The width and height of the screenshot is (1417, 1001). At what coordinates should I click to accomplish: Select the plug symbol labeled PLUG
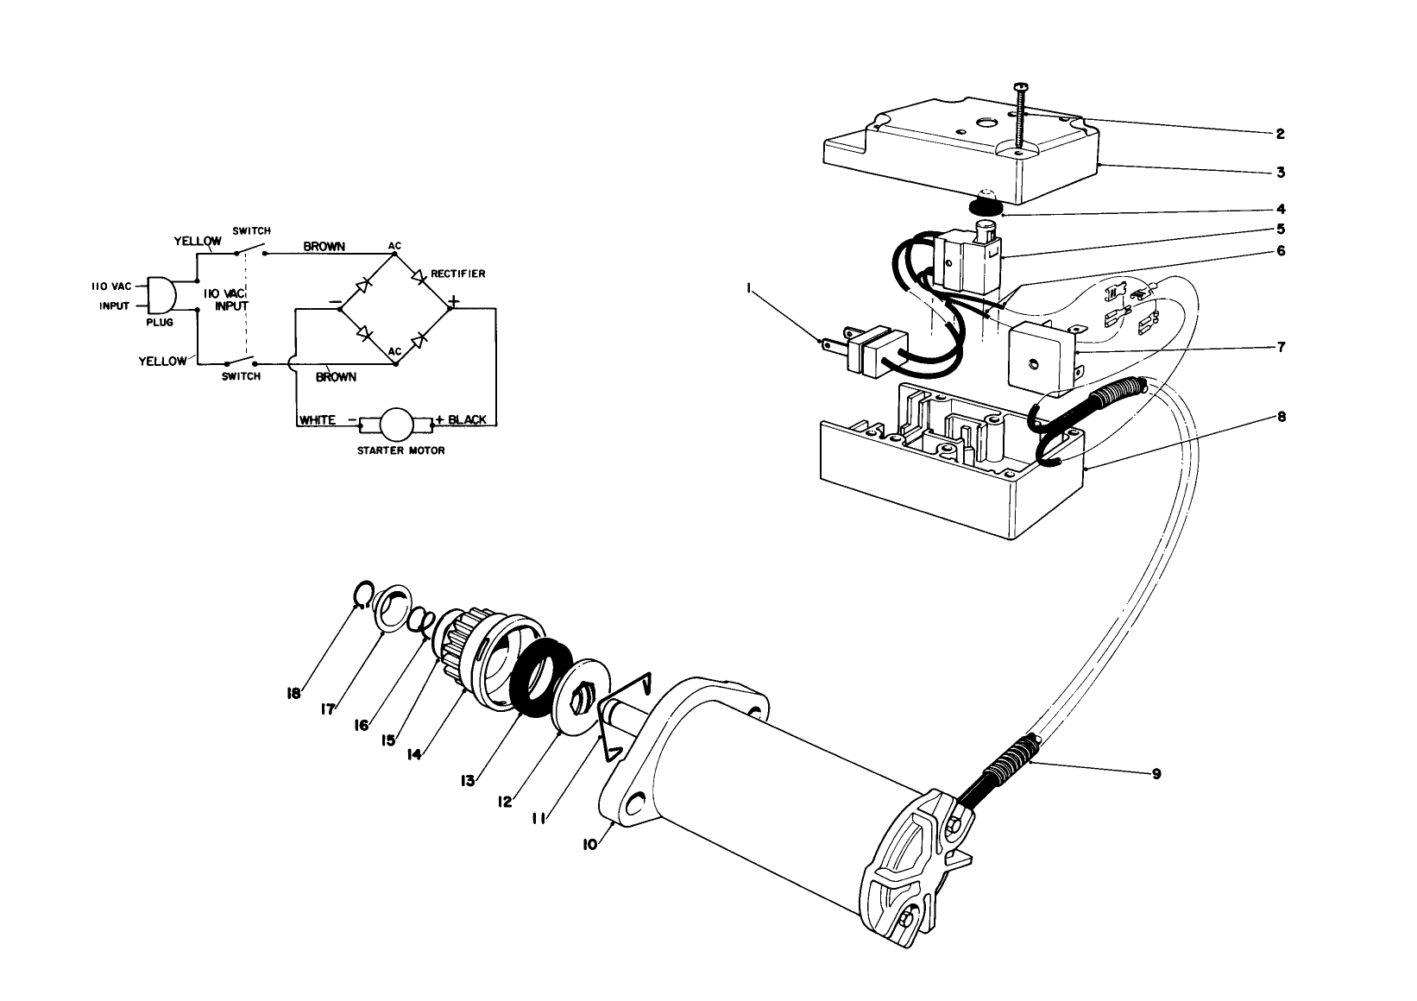coord(161,296)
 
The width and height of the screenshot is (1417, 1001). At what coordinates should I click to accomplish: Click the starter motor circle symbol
coord(398,425)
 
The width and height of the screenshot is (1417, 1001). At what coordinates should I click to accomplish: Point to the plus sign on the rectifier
coord(453,302)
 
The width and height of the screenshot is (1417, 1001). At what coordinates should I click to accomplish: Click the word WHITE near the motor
coord(318,420)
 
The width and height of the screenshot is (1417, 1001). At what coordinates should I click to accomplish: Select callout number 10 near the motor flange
coord(589,845)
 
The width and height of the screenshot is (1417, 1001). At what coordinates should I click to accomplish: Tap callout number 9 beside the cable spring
coord(1156,774)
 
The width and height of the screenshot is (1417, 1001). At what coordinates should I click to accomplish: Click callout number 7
coord(1281,347)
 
